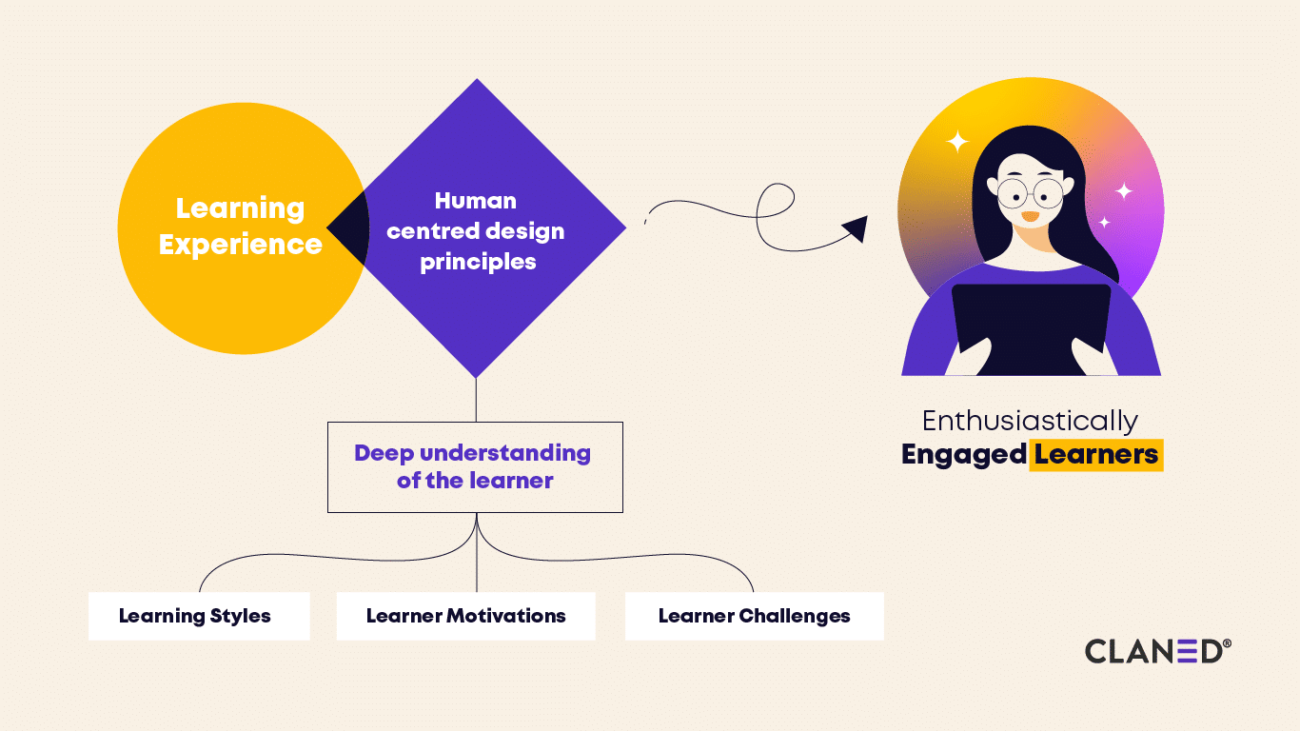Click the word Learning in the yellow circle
tap(240, 208)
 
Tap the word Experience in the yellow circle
tap(240, 245)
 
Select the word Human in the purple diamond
tap(475, 201)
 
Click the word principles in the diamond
tap(478, 262)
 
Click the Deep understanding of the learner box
tap(475, 467)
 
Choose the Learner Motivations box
tap(465, 616)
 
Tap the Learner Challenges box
tap(754, 616)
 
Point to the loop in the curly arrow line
tap(776, 202)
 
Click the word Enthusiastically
tap(1030, 421)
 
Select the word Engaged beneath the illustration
tap(963, 455)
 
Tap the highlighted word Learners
tap(1096, 455)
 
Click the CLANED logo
tap(1153, 651)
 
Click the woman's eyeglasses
tap(1030, 193)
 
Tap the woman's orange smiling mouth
tap(1030, 217)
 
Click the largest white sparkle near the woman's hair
tap(957, 142)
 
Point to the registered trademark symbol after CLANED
tap(1227, 644)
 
